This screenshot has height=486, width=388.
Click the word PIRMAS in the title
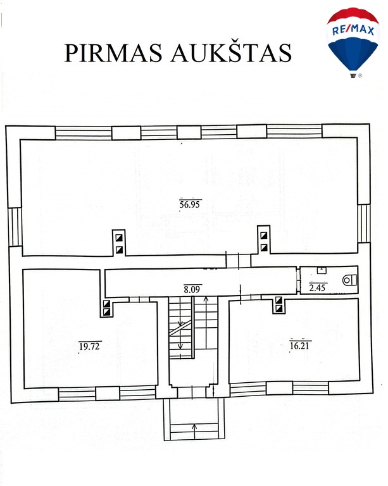click(x=113, y=53)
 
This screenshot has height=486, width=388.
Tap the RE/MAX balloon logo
click(x=353, y=42)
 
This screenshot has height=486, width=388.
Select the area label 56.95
click(x=190, y=204)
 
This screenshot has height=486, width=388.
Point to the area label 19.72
click(x=89, y=346)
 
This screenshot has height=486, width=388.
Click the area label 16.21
click(x=299, y=345)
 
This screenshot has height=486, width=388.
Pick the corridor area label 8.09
click(x=192, y=289)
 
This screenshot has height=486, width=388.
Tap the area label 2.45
click(x=317, y=288)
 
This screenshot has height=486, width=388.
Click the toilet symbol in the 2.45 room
click(x=349, y=280)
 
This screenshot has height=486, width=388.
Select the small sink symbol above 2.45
click(x=322, y=270)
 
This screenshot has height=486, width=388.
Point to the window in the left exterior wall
click(x=15, y=227)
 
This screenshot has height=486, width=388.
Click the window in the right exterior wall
click(x=363, y=223)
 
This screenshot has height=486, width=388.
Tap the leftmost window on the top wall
click(x=84, y=133)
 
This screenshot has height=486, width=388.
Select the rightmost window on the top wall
click(x=294, y=131)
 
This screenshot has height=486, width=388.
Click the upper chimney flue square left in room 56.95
click(x=119, y=238)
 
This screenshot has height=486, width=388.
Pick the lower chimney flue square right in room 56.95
click(x=264, y=247)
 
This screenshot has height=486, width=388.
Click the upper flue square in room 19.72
click(x=106, y=304)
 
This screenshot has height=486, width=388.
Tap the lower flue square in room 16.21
click(x=278, y=308)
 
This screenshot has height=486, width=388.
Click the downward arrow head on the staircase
click(x=180, y=347)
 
